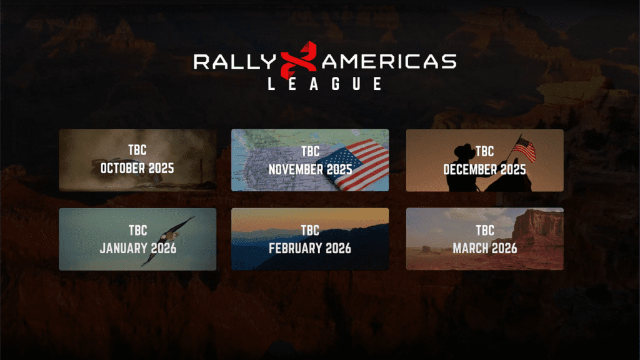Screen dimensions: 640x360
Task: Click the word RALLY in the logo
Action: [x=235, y=62]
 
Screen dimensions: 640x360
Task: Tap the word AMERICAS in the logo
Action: [x=389, y=62]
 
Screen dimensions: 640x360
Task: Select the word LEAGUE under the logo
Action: [x=325, y=84]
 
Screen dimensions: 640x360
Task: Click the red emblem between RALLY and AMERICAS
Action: [x=299, y=60]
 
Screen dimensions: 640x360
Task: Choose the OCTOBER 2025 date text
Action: [x=137, y=168]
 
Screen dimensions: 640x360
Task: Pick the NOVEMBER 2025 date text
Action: [x=310, y=169]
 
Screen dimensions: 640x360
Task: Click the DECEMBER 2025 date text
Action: [x=484, y=169]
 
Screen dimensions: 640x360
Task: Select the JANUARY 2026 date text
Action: [x=138, y=248]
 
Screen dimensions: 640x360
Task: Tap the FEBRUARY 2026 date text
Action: [x=310, y=248]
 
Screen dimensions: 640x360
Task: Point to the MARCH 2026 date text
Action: [x=485, y=248]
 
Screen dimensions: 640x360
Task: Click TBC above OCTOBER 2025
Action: [x=137, y=150]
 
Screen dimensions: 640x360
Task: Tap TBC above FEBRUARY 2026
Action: [x=310, y=230]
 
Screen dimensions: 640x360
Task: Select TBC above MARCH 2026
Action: [x=485, y=230]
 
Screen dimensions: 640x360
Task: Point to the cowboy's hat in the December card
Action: [x=465, y=150]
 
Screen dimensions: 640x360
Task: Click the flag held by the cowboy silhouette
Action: [x=524, y=149]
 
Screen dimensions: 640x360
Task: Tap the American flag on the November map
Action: [x=354, y=164]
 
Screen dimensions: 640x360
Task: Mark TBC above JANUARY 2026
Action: [x=138, y=230]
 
